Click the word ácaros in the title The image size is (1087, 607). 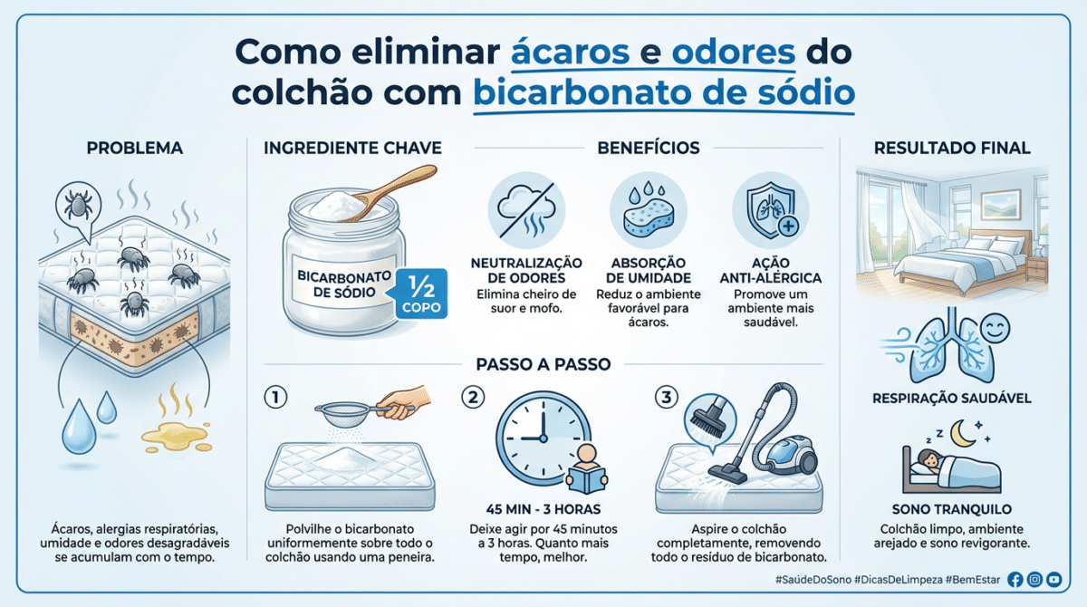click(571, 52)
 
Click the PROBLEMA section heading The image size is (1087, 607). click(135, 148)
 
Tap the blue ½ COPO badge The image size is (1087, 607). click(421, 294)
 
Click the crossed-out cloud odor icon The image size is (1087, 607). click(526, 210)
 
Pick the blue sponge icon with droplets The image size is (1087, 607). click(649, 210)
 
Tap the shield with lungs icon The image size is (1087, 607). click(771, 210)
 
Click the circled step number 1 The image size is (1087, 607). click(275, 398)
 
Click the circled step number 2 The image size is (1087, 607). click(473, 398)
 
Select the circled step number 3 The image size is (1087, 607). click(667, 398)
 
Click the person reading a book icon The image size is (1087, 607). click(587, 468)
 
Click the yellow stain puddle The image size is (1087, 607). click(177, 437)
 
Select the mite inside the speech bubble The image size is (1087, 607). click(79, 202)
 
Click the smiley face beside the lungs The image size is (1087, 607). click(995, 328)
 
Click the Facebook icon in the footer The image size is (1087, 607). click(1015, 579)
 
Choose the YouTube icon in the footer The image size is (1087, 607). click(1054, 579)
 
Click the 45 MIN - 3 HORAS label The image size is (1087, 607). click(543, 509)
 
